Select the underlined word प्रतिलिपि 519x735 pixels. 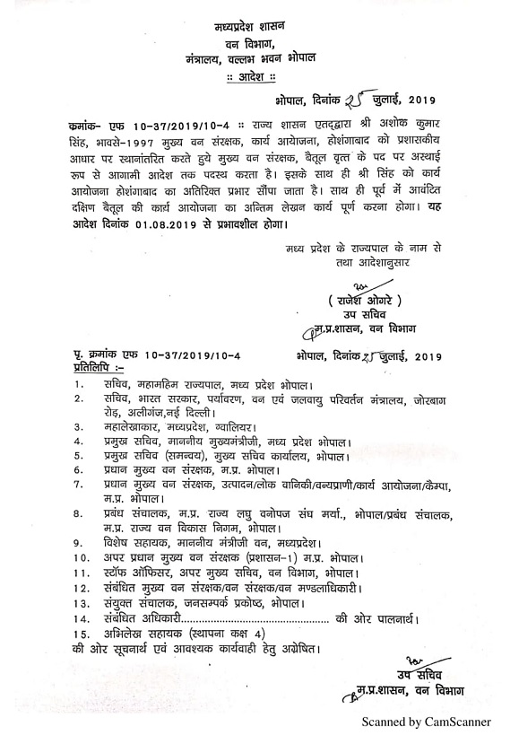click(101, 368)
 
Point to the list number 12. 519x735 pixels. click(82, 586)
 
